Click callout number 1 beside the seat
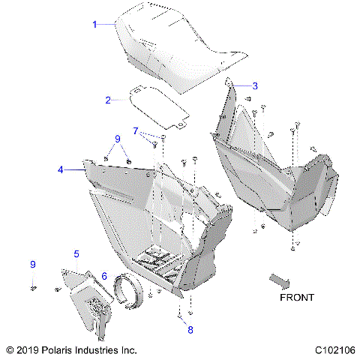tap(94, 25)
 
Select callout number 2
tap(108, 100)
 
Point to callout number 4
tap(81, 170)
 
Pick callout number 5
tap(76, 254)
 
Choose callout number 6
tap(104, 276)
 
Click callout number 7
tap(135, 131)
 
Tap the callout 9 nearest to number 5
tap(32, 265)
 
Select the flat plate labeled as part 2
tap(157, 103)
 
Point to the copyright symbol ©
tap(9, 349)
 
